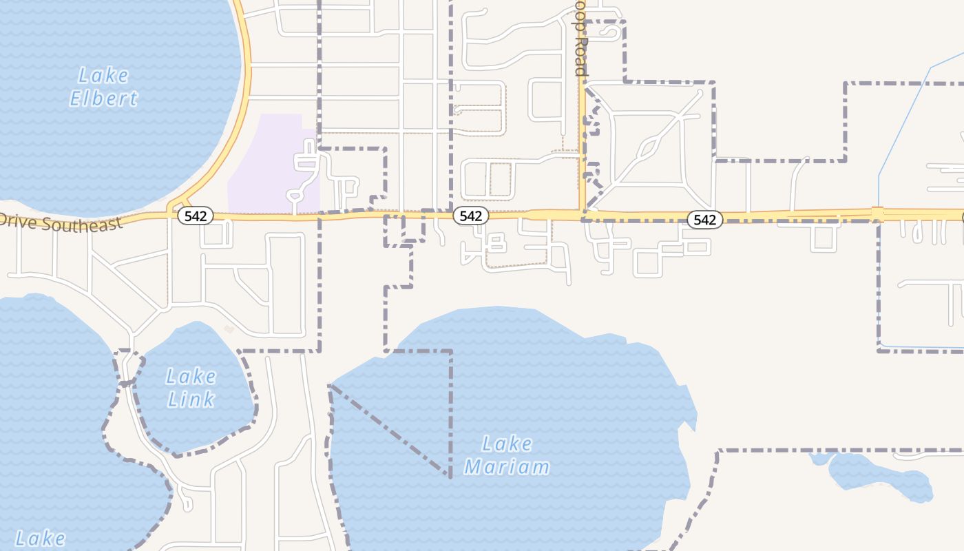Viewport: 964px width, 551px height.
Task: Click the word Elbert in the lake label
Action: [x=104, y=98]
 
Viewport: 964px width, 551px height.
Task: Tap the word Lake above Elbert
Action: [x=103, y=74]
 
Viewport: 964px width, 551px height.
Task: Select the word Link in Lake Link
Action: [x=191, y=399]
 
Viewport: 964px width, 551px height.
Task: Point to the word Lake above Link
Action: [x=191, y=376]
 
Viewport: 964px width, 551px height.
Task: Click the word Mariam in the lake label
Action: [x=507, y=467]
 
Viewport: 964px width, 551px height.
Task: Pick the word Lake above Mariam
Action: [x=507, y=444]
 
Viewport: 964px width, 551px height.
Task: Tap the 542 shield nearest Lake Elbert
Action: [x=196, y=216]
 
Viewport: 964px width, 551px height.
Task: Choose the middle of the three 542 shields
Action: [x=471, y=216]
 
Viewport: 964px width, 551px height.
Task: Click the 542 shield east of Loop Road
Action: [x=705, y=220]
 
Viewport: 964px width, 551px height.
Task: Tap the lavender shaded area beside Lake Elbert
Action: [x=269, y=165]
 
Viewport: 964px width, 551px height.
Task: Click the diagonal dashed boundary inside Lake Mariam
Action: [x=389, y=430]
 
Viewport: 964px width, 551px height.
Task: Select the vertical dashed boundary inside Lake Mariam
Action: [x=451, y=413]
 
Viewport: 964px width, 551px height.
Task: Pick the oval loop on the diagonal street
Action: [x=649, y=147]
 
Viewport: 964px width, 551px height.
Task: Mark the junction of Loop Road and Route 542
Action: [x=583, y=215]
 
